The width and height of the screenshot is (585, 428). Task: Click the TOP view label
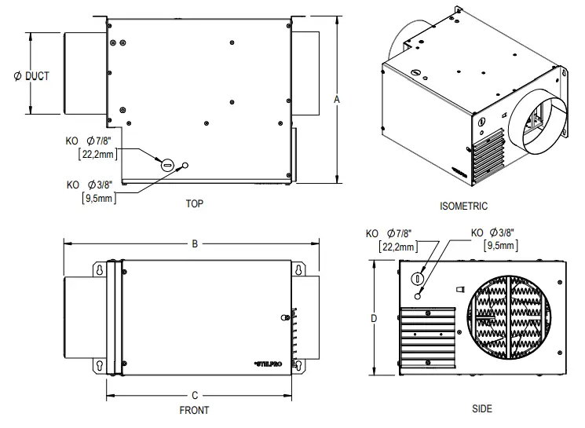tap(194, 203)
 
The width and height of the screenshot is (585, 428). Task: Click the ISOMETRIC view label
tap(463, 207)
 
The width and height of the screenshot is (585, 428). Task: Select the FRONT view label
tap(194, 409)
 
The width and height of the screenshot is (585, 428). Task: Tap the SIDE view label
tap(482, 409)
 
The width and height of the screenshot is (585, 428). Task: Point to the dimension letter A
tap(336, 100)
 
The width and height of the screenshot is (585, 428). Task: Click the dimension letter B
tap(195, 243)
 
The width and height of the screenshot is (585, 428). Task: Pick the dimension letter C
tap(195, 395)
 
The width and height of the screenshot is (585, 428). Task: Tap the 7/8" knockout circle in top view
tap(166, 164)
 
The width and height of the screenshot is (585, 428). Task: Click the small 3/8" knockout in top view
tap(186, 166)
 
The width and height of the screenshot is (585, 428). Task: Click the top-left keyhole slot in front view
tap(101, 269)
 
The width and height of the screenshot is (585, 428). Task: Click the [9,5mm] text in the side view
tap(500, 246)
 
